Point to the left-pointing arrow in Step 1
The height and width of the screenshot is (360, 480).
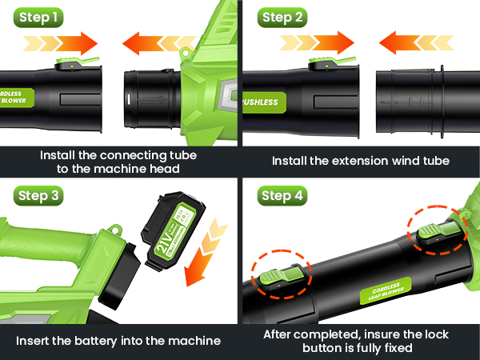152,42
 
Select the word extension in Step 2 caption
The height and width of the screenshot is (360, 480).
346,161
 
